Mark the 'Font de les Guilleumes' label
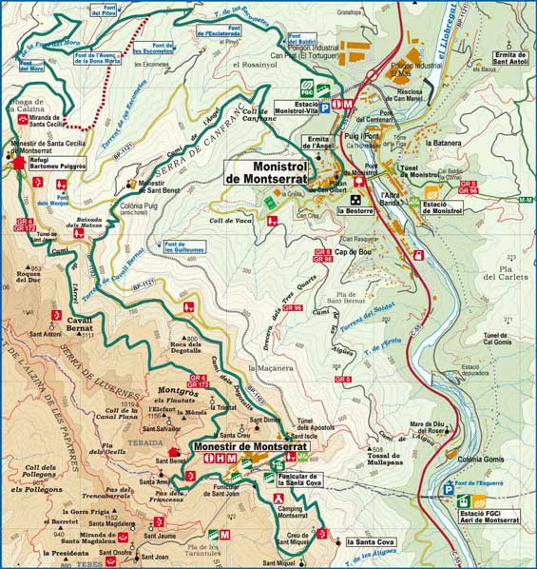pos(184,246)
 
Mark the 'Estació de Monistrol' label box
pos(442,206)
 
